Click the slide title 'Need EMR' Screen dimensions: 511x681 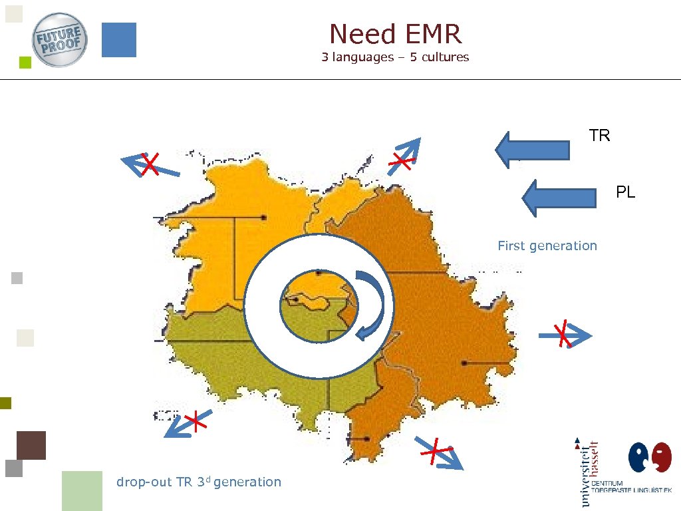click(x=395, y=33)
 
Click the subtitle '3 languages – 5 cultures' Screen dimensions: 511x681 click(x=395, y=57)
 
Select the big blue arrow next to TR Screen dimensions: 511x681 click(x=532, y=149)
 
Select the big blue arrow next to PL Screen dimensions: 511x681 click(x=559, y=198)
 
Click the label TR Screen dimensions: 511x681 click(x=599, y=136)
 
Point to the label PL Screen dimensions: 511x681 click(x=625, y=193)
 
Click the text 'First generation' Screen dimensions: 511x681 click(x=547, y=246)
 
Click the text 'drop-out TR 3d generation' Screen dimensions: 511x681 click(x=198, y=482)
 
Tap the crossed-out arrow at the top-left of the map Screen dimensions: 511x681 click(x=150, y=164)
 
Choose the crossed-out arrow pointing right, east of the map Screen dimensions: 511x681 click(x=564, y=335)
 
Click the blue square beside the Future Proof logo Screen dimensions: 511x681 click(x=119, y=40)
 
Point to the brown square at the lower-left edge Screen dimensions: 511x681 click(x=31, y=445)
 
